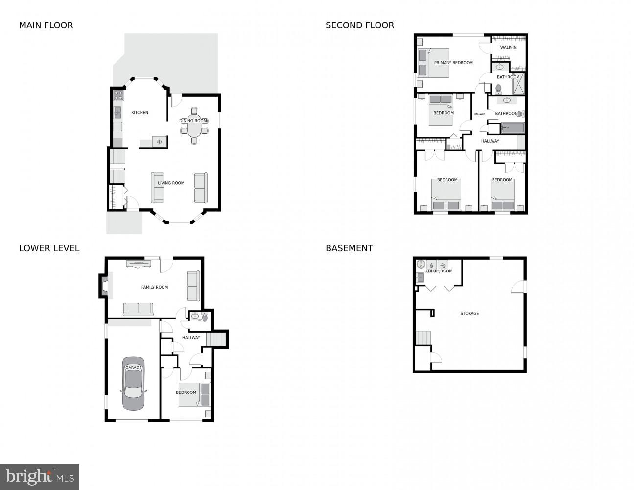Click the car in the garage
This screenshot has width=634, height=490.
pyautogui.click(x=133, y=384)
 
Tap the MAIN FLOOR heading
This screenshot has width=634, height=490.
pyautogui.click(x=46, y=25)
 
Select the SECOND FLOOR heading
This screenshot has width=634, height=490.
pyautogui.click(x=360, y=25)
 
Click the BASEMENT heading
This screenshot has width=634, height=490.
pyautogui.click(x=349, y=248)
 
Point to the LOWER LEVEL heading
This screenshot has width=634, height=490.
pyautogui.click(x=49, y=248)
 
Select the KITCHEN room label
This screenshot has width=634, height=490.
pyautogui.click(x=140, y=113)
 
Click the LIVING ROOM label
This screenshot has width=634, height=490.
pyautogui.click(x=171, y=183)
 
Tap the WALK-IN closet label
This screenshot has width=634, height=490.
pyautogui.click(x=508, y=48)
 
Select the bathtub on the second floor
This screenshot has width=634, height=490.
pyautogui.click(x=513, y=128)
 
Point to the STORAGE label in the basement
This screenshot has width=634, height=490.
pyautogui.click(x=470, y=313)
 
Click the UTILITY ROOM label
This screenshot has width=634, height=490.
pyautogui.click(x=438, y=271)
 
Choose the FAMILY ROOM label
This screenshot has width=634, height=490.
pyautogui.click(x=155, y=287)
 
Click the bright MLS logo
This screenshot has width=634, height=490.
pyautogui.click(x=40, y=477)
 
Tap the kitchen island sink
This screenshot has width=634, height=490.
pyautogui.click(x=159, y=142)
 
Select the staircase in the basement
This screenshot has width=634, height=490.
pyautogui.click(x=423, y=338)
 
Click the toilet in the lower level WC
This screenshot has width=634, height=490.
pyautogui.click(x=205, y=318)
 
